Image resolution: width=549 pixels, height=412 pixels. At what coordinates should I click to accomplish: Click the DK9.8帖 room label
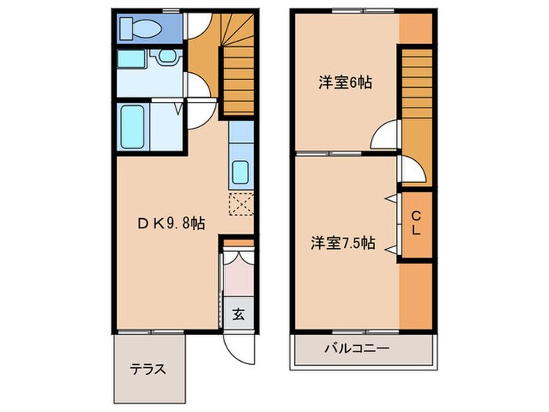pos(171,224)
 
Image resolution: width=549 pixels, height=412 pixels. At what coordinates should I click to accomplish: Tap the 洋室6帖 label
pos(344,82)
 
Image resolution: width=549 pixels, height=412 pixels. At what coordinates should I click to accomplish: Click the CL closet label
pos(416,224)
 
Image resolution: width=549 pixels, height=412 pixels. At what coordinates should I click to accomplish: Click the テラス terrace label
pos(147,369)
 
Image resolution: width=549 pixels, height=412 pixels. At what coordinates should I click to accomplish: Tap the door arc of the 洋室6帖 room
pos(386,135)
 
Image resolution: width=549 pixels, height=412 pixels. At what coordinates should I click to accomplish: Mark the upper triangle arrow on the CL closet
pos(389,199)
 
